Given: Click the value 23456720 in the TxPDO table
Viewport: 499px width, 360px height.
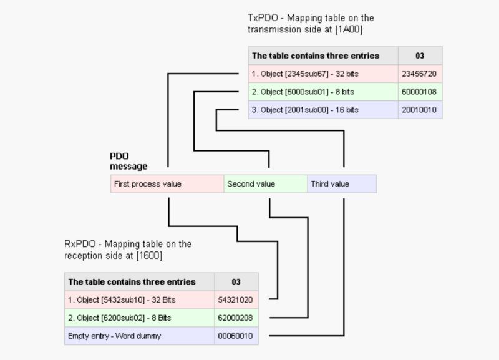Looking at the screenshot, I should (420, 74).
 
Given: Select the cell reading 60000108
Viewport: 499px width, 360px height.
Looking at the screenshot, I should (420, 92).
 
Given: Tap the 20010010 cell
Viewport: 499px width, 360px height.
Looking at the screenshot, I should (420, 110).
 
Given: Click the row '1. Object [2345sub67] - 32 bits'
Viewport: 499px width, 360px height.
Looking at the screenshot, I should (322, 74).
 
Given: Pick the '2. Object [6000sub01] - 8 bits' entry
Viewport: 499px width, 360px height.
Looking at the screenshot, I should (322, 92).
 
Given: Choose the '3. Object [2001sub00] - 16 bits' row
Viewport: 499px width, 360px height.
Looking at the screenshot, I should (322, 110).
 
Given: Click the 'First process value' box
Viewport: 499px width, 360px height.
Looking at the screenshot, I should (167, 184).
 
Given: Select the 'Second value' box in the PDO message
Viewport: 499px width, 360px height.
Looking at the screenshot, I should (265, 184).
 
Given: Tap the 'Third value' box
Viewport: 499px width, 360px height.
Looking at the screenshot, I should (342, 184).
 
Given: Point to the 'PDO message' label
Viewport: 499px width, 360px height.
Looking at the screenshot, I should (128, 162).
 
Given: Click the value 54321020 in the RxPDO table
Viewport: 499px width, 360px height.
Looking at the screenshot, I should (236, 300).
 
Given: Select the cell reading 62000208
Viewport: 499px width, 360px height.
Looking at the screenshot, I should (236, 318).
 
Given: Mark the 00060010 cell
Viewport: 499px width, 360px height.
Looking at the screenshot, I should (236, 336).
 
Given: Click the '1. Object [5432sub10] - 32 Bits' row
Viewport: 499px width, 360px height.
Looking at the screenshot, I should (139, 300).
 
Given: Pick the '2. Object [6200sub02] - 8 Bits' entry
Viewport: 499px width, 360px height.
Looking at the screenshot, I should (139, 318).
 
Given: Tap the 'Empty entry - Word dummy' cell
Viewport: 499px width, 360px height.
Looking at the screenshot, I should (139, 336).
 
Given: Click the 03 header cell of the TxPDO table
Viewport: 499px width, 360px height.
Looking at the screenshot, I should (420, 56).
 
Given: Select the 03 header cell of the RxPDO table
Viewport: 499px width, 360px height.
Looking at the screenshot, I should (236, 282).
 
